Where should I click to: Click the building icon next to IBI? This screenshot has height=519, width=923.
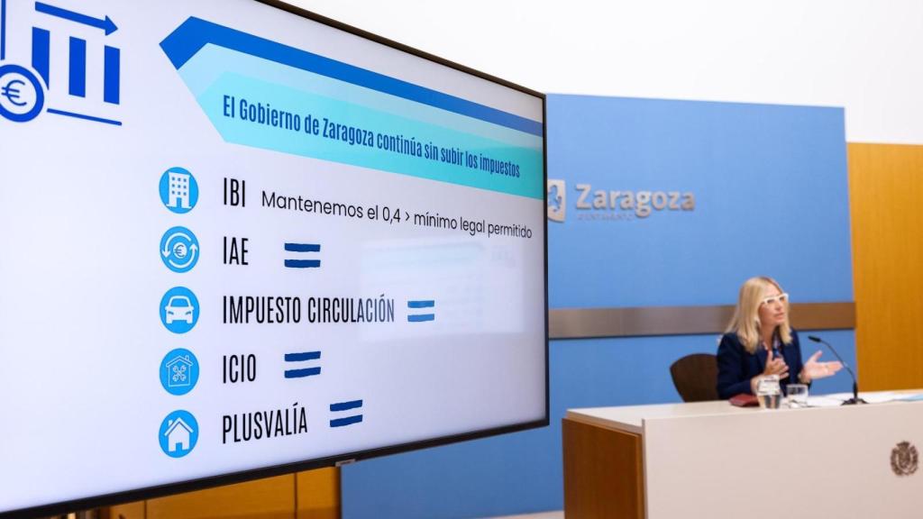(x=178, y=190)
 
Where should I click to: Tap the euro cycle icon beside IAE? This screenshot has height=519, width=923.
(x=179, y=250)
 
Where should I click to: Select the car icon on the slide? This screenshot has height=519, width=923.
(x=179, y=310)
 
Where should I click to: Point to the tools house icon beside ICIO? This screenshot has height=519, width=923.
(x=179, y=371)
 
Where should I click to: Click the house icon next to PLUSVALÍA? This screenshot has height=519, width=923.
(x=178, y=433)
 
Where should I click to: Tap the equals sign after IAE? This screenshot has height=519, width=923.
(x=302, y=255)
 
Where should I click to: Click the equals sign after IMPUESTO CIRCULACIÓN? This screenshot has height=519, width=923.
(x=420, y=311)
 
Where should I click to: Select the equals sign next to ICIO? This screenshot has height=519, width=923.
(x=302, y=364)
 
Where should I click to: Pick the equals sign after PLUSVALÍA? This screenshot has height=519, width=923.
(x=345, y=414)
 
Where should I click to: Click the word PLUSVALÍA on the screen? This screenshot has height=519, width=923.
(x=264, y=424)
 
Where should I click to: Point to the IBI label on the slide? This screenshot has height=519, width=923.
(x=233, y=193)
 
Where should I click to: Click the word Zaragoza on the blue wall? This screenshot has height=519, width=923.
(x=635, y=198)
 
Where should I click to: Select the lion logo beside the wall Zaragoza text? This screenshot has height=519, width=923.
(x=555, y=199)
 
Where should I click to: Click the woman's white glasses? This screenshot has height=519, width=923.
(x=773, y=298)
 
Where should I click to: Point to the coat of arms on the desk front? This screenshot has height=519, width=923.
(x=903, y=459)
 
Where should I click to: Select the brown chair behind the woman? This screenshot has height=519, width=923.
(x=696, y=378)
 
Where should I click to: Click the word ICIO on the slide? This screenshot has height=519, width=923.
(x=239, y=369)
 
